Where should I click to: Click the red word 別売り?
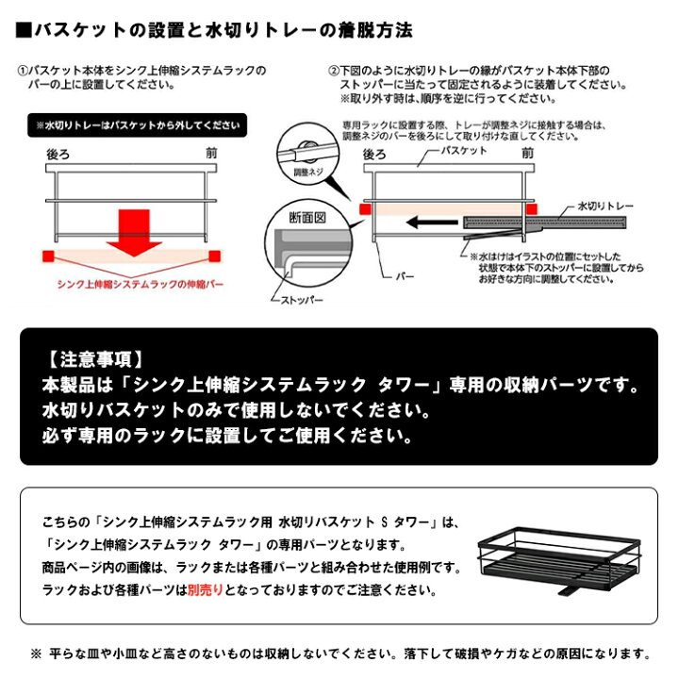tap(204, 590)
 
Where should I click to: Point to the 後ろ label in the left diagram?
tap(58, 153)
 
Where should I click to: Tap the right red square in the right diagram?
tap(533, 209)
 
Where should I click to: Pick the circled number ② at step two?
tap(333, 71)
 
